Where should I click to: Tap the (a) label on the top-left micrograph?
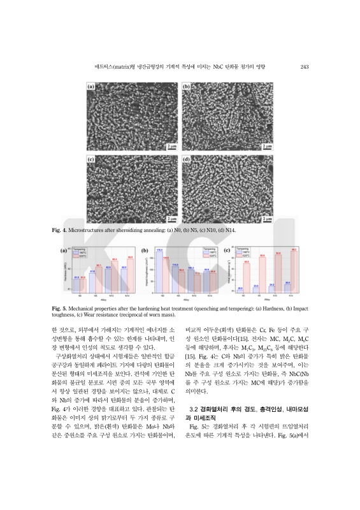point(91,87)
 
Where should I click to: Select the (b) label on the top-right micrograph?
point(187,87)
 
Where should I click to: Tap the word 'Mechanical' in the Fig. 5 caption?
point(87,309)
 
